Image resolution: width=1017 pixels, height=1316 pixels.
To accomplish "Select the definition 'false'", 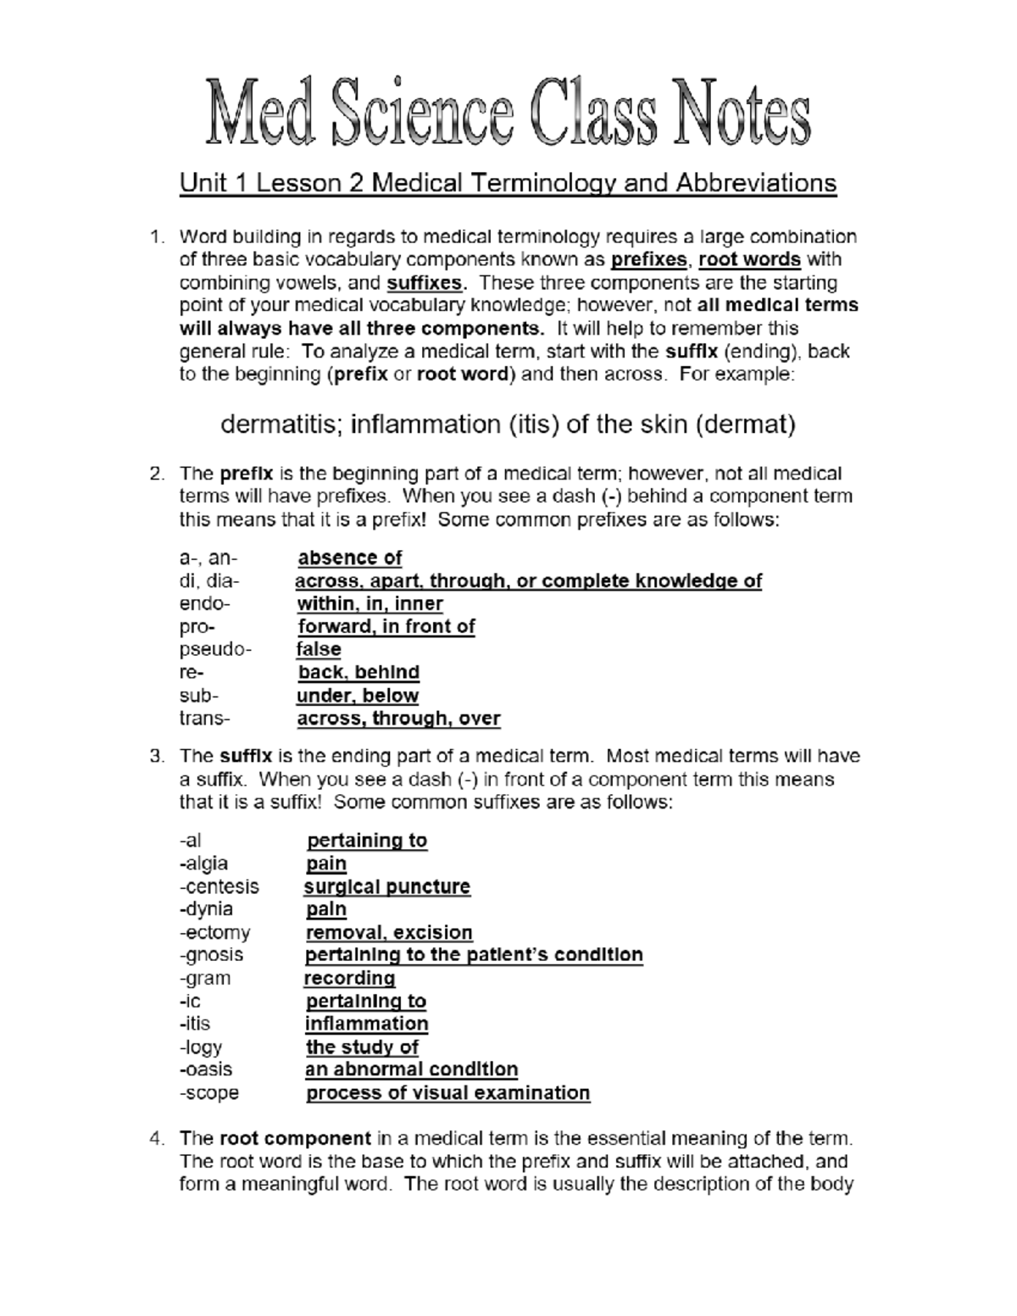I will pos(319,650).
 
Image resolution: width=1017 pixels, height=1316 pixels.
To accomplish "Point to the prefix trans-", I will pos(204,719).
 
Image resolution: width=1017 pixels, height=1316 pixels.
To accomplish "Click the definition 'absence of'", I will pos(350,558).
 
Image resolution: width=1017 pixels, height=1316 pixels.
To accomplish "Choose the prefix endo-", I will pos(204,604).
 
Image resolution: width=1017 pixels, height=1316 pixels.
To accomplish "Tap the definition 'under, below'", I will pos(358,696).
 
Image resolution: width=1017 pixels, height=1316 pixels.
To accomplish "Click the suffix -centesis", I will pos(220,886).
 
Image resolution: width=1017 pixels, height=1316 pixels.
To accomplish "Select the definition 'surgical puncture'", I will pos(387,886).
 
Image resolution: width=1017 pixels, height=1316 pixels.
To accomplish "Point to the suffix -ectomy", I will pos(215,932).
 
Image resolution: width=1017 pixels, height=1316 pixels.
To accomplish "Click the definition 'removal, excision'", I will pos(389,932).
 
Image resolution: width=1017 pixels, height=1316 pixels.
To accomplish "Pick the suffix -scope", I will pos(209,1093).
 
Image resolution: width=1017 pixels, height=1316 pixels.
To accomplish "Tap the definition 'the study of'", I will pos(363,1047).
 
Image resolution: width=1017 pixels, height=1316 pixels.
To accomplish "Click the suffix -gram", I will pos(205,978).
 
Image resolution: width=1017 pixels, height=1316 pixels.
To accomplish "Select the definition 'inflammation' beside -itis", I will pos(367,1024).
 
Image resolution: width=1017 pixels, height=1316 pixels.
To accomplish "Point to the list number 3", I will pos(156,756).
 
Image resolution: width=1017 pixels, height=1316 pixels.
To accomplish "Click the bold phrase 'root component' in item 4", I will pos(295,1138).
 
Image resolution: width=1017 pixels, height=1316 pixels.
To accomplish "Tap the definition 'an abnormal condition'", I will pos(412,1069).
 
